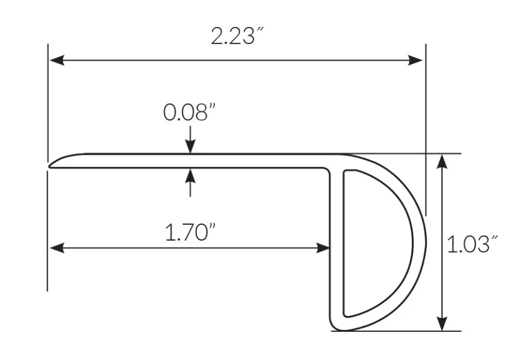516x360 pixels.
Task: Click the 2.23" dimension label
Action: point(237,36)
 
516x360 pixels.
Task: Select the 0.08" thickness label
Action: point(190,112)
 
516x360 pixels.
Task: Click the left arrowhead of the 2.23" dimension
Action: point(57,61)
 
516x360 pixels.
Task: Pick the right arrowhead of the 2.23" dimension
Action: point(415,61)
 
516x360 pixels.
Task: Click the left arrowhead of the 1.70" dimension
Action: point(57,248)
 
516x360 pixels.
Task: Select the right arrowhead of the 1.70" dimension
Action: point(323,248)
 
